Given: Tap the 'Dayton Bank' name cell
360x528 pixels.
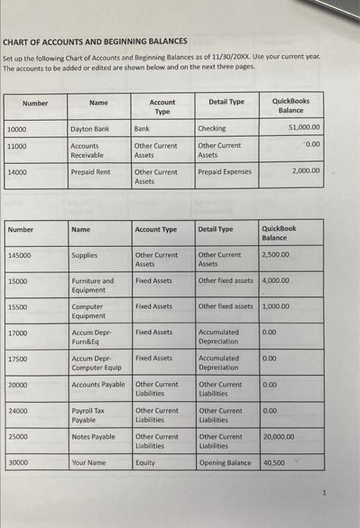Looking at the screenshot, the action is pos(90,129).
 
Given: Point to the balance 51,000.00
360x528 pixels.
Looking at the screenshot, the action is pos(305,127).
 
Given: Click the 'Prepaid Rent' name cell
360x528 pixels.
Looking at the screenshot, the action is pos(90,172).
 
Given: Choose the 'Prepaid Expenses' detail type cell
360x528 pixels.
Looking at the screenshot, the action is pos(225,172).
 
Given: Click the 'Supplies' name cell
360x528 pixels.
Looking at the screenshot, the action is pos(84,256).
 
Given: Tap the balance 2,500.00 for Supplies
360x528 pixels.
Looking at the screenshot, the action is pos(277,255).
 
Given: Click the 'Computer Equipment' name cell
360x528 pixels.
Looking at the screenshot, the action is pos(89,312).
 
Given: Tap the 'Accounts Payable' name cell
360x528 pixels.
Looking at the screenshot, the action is pos(98,385).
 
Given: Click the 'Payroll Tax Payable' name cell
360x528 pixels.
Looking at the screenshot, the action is pos(88,415).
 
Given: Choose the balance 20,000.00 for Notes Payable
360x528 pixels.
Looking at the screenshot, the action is pos(280,437).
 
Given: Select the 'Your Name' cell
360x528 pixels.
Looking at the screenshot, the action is pos(88,462).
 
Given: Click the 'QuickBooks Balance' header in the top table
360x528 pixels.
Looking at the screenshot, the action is pos(295,106).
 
